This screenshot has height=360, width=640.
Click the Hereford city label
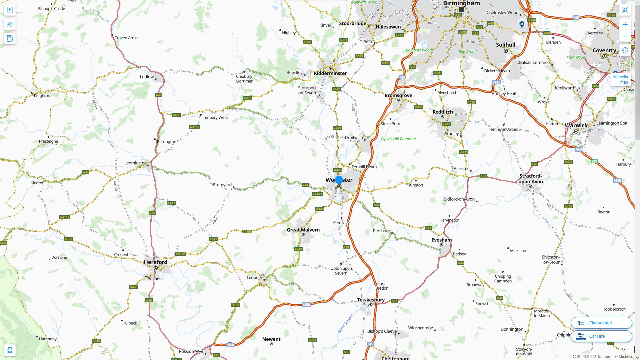click(156, 262)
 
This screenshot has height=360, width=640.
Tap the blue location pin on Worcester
click(339, 180)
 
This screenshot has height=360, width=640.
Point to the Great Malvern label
click(303, 230)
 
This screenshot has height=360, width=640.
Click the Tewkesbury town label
click(371, 300)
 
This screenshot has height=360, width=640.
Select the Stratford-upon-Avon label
click(531, 179)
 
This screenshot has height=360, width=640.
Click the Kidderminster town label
click(330, 73)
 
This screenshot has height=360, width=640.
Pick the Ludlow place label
click(147, 77)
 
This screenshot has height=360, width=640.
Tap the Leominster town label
click(135, 163)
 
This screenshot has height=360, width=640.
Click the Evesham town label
click(441, 240)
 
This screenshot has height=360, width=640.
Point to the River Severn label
click(345, 323)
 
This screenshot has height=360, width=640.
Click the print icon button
click(10, 350)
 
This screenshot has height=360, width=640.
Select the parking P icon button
click(10, 10)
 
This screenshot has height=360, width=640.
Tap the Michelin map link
click(620, 79)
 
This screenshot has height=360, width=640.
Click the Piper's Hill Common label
click(398, 139)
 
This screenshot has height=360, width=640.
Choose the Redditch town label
click(442, 112)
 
